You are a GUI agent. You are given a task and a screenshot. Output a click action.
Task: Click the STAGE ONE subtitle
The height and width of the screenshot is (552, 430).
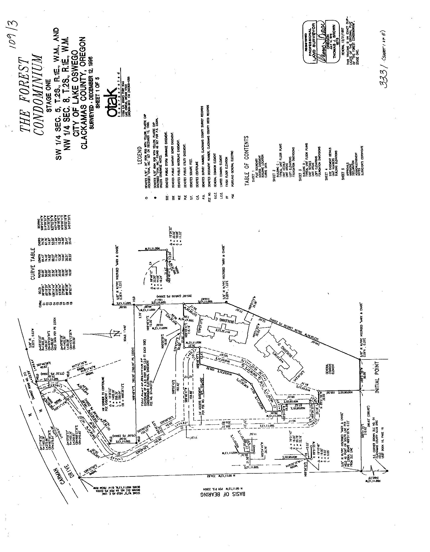49,94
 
